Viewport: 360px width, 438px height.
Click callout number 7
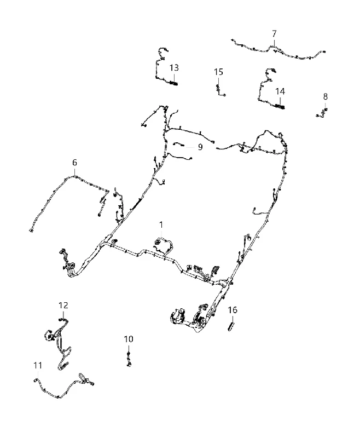click(x=274, y=34)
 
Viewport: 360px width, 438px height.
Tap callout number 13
click(x=174, y=68)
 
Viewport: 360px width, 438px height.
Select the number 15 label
click(x=218, y=72)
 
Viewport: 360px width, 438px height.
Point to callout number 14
click(x=280, y=91)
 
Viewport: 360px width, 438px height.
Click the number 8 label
click(x=326, y=97)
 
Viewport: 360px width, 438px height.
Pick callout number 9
click(x=200, y=147)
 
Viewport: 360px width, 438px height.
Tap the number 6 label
click(x=74, y=163)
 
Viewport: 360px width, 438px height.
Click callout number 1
click(x=161, y=225)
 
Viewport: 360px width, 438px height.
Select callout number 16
click(x=233, y=310)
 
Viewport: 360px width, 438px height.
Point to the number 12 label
click(x=63, y=306)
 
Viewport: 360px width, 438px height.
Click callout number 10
click(x=129, y=339)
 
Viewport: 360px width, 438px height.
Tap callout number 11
click(x=38, y=365)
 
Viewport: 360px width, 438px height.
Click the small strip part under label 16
click(x=231, y=326)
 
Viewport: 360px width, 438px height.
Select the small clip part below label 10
click(x=129, y=360)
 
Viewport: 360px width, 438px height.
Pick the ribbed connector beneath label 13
click(x=173, y=83)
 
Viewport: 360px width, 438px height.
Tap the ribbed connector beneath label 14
click(x=280, y=106)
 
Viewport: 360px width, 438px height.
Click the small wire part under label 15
click(x=219, y=90)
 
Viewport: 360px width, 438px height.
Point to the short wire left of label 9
click(x=178, y=144)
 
